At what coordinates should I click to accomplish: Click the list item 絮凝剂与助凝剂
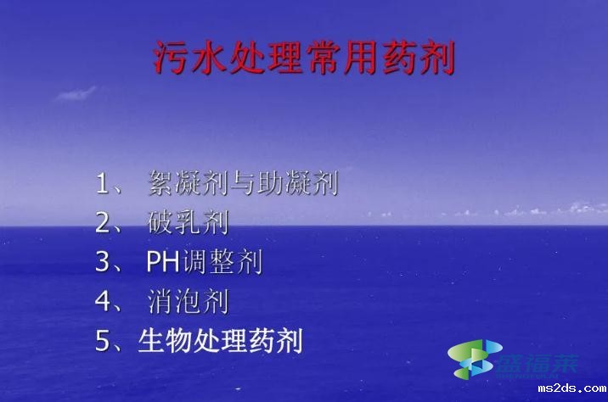[x=244, y=183]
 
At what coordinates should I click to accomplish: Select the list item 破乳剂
[x=189, y=223]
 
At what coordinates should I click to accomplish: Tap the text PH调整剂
[x=205, y=262]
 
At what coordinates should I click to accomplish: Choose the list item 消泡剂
[x=189, y=302]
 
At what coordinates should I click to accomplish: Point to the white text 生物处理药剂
[x=220, y=342]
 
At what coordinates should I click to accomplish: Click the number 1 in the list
[x=104, y=183]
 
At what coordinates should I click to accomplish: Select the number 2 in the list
[x=104, y=223]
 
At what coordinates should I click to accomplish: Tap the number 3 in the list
[x=104, y=262]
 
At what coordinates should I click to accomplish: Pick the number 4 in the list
[x=104, y=302]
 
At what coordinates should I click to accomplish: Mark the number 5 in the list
[x=104, y=342]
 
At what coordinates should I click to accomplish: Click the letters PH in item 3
[x=163, y=262]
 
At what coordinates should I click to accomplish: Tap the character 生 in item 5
[x=153, y=342]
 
